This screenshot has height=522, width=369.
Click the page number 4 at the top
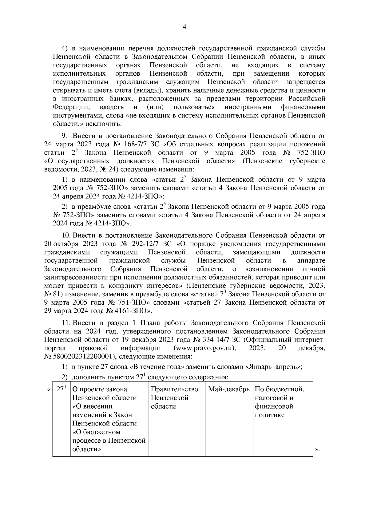pos(184,27)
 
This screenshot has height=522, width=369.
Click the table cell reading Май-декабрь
pos(229,389)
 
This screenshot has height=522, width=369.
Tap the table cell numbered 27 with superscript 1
pos(61,389)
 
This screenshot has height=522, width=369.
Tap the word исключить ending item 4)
pos(104,124)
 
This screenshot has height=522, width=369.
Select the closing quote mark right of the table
pos(317,450)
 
